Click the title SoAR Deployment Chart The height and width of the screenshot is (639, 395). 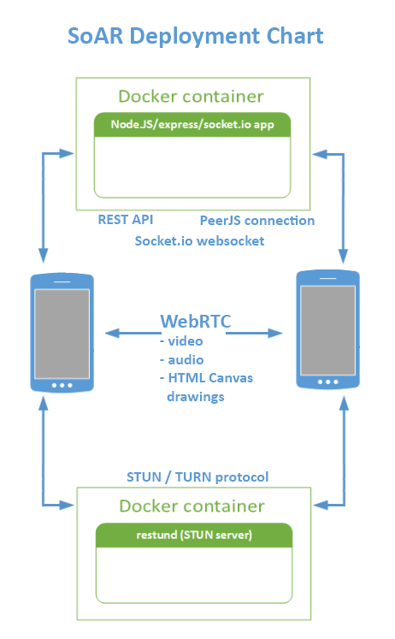tap(196, 37)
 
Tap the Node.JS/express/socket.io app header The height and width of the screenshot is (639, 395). tap(192, 125)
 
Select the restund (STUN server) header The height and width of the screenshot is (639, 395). tap(194, 535)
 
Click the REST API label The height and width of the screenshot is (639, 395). tap(126, 220)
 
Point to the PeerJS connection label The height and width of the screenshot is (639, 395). tap(257, 221)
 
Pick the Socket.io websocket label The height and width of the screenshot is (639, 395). tap(199, 241)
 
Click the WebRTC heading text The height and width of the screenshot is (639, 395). tap(196, 321)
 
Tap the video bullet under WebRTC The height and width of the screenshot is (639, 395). tap(181, 340)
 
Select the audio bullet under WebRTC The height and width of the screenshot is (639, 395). tap(182, 360)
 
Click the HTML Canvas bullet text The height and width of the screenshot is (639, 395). tap(206, 378)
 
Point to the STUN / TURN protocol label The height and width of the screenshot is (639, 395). tap(197, 476)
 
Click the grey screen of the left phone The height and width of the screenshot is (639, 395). tap(62, 334)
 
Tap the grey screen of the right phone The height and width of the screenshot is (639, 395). tap(327, 330)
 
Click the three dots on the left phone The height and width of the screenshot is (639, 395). tap(62, 385)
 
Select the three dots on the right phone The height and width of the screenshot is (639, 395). tap(327, 382)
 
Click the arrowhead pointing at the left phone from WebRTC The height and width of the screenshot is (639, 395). tap(112, 334)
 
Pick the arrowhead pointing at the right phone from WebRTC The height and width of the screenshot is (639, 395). tap(274, 334)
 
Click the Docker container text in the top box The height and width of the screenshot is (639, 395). tap(191, 97)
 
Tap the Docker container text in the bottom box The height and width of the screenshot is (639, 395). tap(192, 506)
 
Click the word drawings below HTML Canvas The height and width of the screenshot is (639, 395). tap(196, 397)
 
